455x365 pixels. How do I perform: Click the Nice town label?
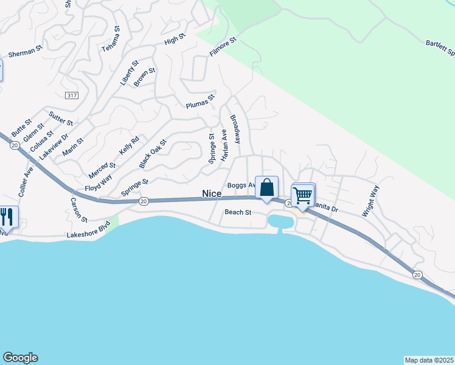[x=212, y=193]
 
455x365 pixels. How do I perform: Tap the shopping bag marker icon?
[x=266, y=187]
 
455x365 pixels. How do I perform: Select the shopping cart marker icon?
[x=302, y=196]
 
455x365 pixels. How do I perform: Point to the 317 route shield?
[x=71, y=96]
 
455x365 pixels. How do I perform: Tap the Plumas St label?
[x=201, y=101]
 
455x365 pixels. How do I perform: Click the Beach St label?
[x=238, y=212]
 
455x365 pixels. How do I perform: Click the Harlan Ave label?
[x=224, y=145]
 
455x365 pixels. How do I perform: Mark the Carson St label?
[x=78, y=209]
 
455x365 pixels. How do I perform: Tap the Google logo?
[x=20, y=358]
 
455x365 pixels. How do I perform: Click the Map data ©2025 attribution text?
[x=429, y=360]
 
